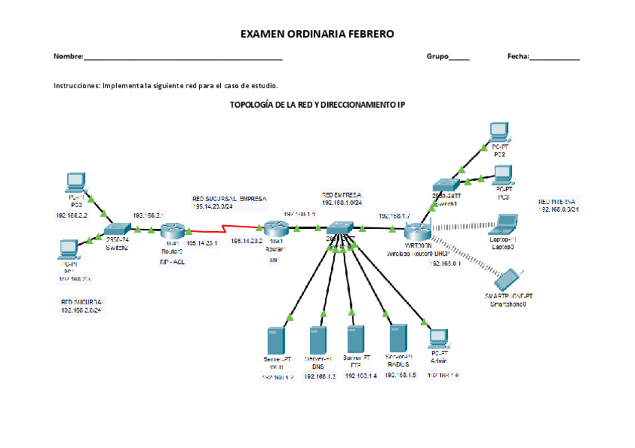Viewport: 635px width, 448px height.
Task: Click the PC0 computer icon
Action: pyautogui.click(x=76, y=182)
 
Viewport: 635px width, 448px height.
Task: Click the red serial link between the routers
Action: pyautogui.click(x=225, y=228)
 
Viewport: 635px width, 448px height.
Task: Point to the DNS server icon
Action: pyautogui.click(x=318, y=341)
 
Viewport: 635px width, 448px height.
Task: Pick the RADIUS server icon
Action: pyautogui.click(x=398, y=340)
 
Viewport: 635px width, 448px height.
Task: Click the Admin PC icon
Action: pyautogui.click(x=439, y=338)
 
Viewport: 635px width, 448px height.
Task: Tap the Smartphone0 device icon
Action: pyautogui.click(x=505, y=280)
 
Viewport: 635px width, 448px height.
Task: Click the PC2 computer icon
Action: pyautogui.click(x=499, y=132)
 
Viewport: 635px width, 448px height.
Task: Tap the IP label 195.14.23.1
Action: pyautogui.click(x=201, y=242)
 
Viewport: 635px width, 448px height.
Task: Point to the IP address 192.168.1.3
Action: pyautogui.click(x=318, y=376)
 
